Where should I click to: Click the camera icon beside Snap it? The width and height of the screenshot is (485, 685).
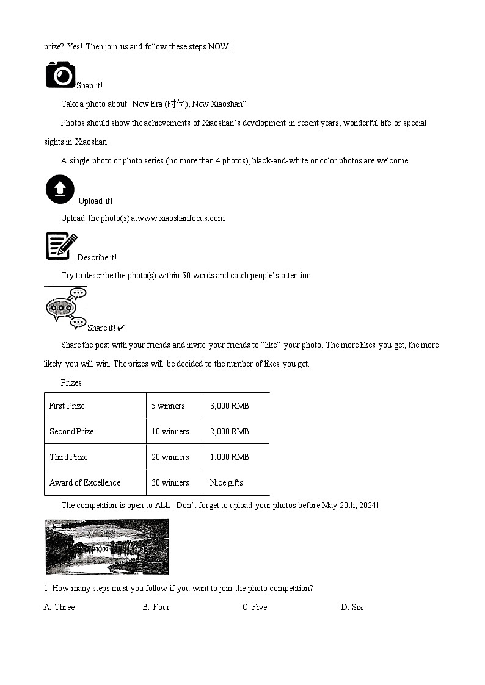pyautogui.click(x=60, y=75)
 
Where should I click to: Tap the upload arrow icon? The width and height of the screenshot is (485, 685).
pyautogui.click(x=60, y=190)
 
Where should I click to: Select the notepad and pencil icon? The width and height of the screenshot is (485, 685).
pyautogui.click(x=61, y=246)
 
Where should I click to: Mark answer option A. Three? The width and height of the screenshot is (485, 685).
pyautogui.click(x=59, y=607)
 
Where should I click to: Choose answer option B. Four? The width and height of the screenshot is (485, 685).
pyautogui.click(x=156, y=607)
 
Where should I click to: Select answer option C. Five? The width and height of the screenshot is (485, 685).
pyautogui.click(x=255, y=607)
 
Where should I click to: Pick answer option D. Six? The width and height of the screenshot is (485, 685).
pyautogui.click(x=352, y=607)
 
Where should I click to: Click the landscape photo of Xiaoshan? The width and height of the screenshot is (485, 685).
pyautogui.click(x=107, y=547)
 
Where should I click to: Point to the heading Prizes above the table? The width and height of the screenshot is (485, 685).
pyautogui.click(x=71, y=383)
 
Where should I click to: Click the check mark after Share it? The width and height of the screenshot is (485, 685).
pyautogui.click(x=121, y=328)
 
